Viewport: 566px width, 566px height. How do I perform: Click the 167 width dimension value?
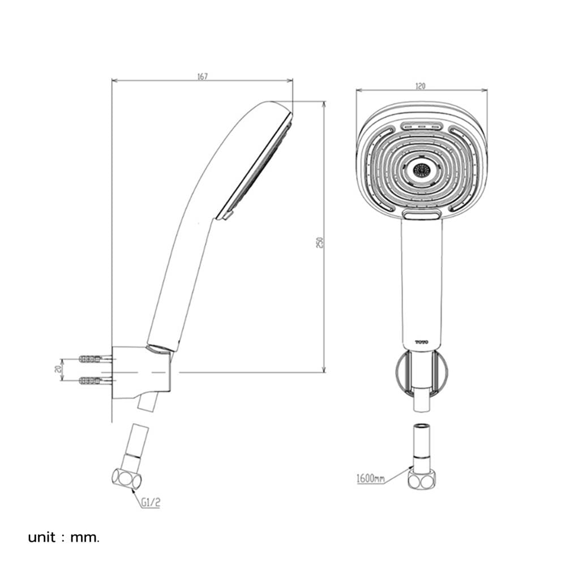pyautogui.click(x=203, y=76)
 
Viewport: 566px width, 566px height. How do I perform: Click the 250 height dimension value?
pyautogui.click(x=319, y=242)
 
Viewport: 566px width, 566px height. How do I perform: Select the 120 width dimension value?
pyautogui.click(x=421, y=86)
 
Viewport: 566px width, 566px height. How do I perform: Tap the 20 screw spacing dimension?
pyautogui.click(x=57, y=368)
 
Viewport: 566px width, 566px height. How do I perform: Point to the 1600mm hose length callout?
pyautogui.click(x=370, y=479)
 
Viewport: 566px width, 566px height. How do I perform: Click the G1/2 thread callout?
pyautogui.click(x=151, y=503)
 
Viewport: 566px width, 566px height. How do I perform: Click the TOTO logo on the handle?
pyautogui.click(x=421, y=342)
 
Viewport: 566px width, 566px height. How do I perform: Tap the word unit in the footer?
pyautogui.click(x=42, y=538)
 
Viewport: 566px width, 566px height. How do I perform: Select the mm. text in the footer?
pyautogui.click(x=84, y=538)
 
